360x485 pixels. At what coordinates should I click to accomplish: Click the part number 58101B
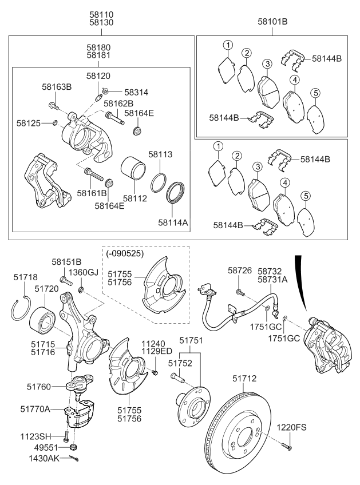[x=272, y=21]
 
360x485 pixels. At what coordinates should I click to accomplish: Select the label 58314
[x=136, y=92]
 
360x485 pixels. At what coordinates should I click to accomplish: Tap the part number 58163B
[x=57, y=87]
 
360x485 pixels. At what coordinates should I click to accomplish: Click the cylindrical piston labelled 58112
[x=136, y=170]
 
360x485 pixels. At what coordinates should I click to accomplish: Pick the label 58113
[x=160, y=154]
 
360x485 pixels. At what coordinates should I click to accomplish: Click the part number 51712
[x=244, y=379]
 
